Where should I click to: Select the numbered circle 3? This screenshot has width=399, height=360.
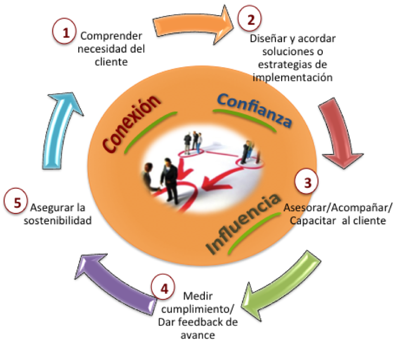pos(307,182)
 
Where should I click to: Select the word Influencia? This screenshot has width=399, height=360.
pos(243,224)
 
